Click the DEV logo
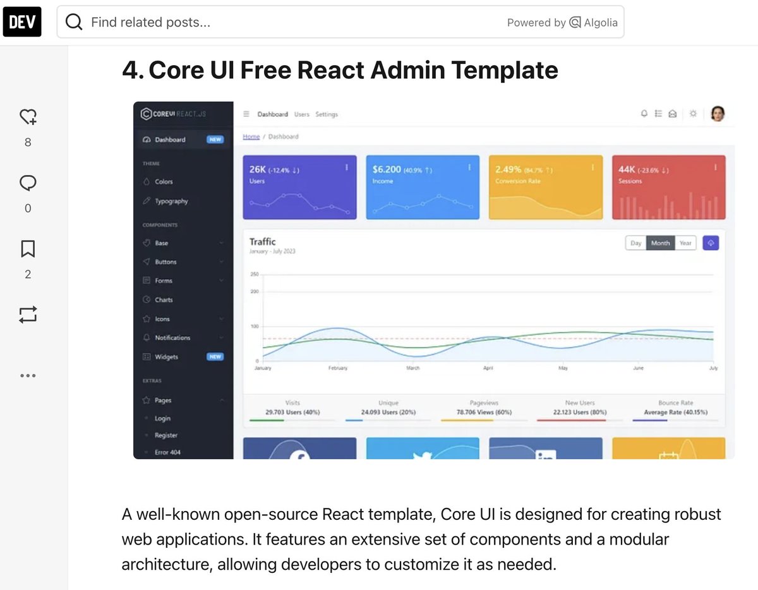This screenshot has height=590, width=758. (x=22, y=21)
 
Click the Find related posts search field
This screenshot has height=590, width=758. (x=284, y=23)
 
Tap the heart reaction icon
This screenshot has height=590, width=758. (x=28, y=117)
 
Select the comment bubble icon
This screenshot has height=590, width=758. (x=28, y=183)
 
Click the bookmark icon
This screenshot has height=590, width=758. (x=28, y=249)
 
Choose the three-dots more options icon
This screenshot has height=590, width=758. (x=28, y=375)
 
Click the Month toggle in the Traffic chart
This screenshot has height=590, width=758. (x=660, y=243)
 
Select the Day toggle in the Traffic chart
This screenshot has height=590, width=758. (x=636, y=243)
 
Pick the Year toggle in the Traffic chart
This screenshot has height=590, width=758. (x=685, y=243)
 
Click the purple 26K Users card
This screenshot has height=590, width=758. (x=299, y=188)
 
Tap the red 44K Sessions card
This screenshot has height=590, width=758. (x=668, y=188)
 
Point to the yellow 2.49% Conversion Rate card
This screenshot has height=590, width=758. (x=546, y=188)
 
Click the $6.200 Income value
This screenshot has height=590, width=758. (x=387, y=169)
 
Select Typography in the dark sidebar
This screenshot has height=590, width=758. (x=171, y=202)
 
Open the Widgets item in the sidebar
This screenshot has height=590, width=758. (x=166, y=357)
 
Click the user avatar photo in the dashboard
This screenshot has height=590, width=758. (x=717, y=114)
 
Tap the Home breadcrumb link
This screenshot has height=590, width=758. (x=251, y=136)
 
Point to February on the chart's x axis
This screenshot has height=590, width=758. (x=338, y=368)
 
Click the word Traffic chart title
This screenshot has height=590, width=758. (x=262, y=241)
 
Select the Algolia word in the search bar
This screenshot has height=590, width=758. (x=600, y=23)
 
